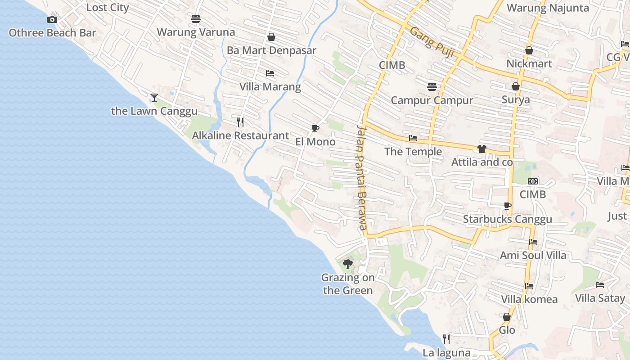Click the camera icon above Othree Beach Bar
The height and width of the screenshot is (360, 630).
(52, 19)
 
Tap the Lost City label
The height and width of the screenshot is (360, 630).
(108, 8)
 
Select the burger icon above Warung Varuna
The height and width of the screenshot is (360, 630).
(196, 19)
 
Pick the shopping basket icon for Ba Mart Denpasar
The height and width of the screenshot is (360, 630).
(271, 37)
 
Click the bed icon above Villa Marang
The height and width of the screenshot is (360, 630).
(270, 73)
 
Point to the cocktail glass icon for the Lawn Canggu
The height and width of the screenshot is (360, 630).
(154, 97)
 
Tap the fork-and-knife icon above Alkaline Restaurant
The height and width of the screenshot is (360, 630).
(240, 122)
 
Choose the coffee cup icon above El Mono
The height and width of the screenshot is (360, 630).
(315, 129)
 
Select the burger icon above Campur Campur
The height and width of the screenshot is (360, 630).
(432, 86)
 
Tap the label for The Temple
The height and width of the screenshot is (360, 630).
(413, 152)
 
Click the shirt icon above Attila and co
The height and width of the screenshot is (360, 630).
(482, 149)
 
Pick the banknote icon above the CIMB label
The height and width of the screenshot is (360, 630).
(533, 181)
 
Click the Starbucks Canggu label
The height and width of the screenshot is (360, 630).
(508, 219)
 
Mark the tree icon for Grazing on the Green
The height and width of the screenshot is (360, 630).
(347, 264)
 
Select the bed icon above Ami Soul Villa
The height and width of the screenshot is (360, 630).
(533, 242)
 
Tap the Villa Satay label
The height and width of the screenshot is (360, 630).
(600, 298)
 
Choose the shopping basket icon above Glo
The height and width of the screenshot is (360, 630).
(507, 317)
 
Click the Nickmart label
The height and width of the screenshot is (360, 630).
(529, 63)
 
